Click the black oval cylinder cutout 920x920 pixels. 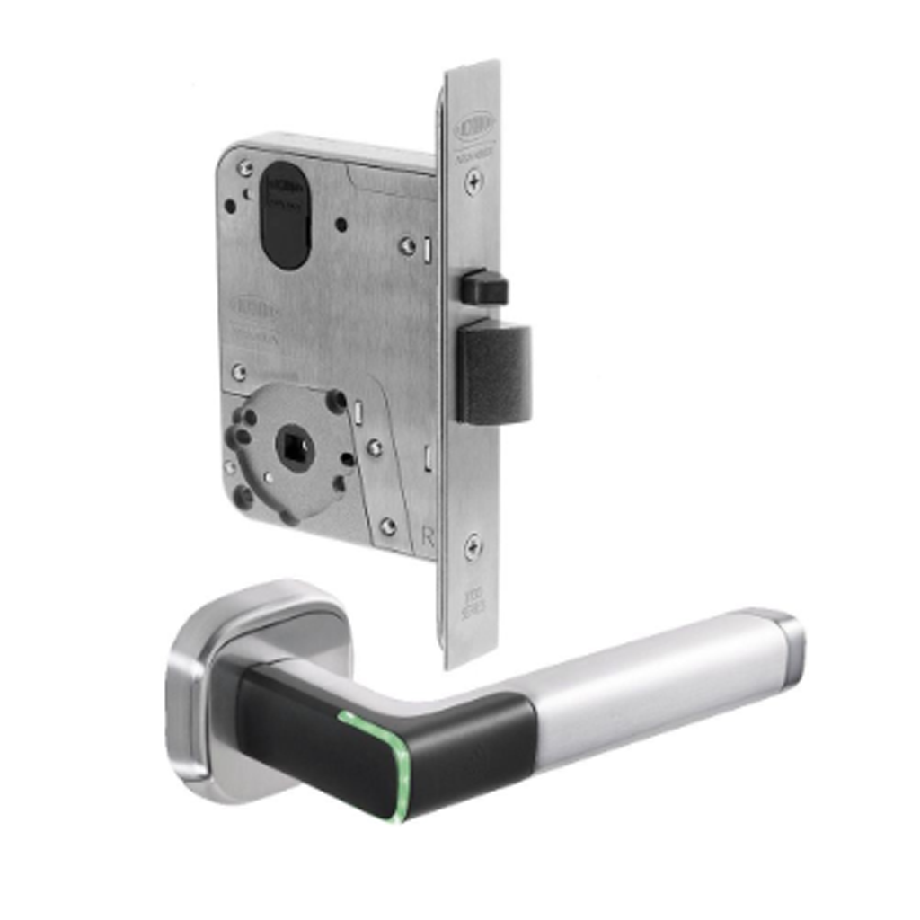[x=285, y=216]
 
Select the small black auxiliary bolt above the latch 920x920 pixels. [x=484, y=287]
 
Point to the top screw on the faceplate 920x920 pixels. [x=473, y=181]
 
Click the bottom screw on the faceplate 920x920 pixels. [x=472, y=544]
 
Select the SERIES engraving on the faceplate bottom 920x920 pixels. [x=473, y=607]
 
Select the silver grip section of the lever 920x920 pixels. [x=647, y=683]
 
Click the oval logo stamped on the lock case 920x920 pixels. [x=257, y=309]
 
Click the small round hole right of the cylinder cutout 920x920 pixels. [x=341, y=225]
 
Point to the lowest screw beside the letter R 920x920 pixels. [x=387, y=526]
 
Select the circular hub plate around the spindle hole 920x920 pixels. [x=292, y=454]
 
